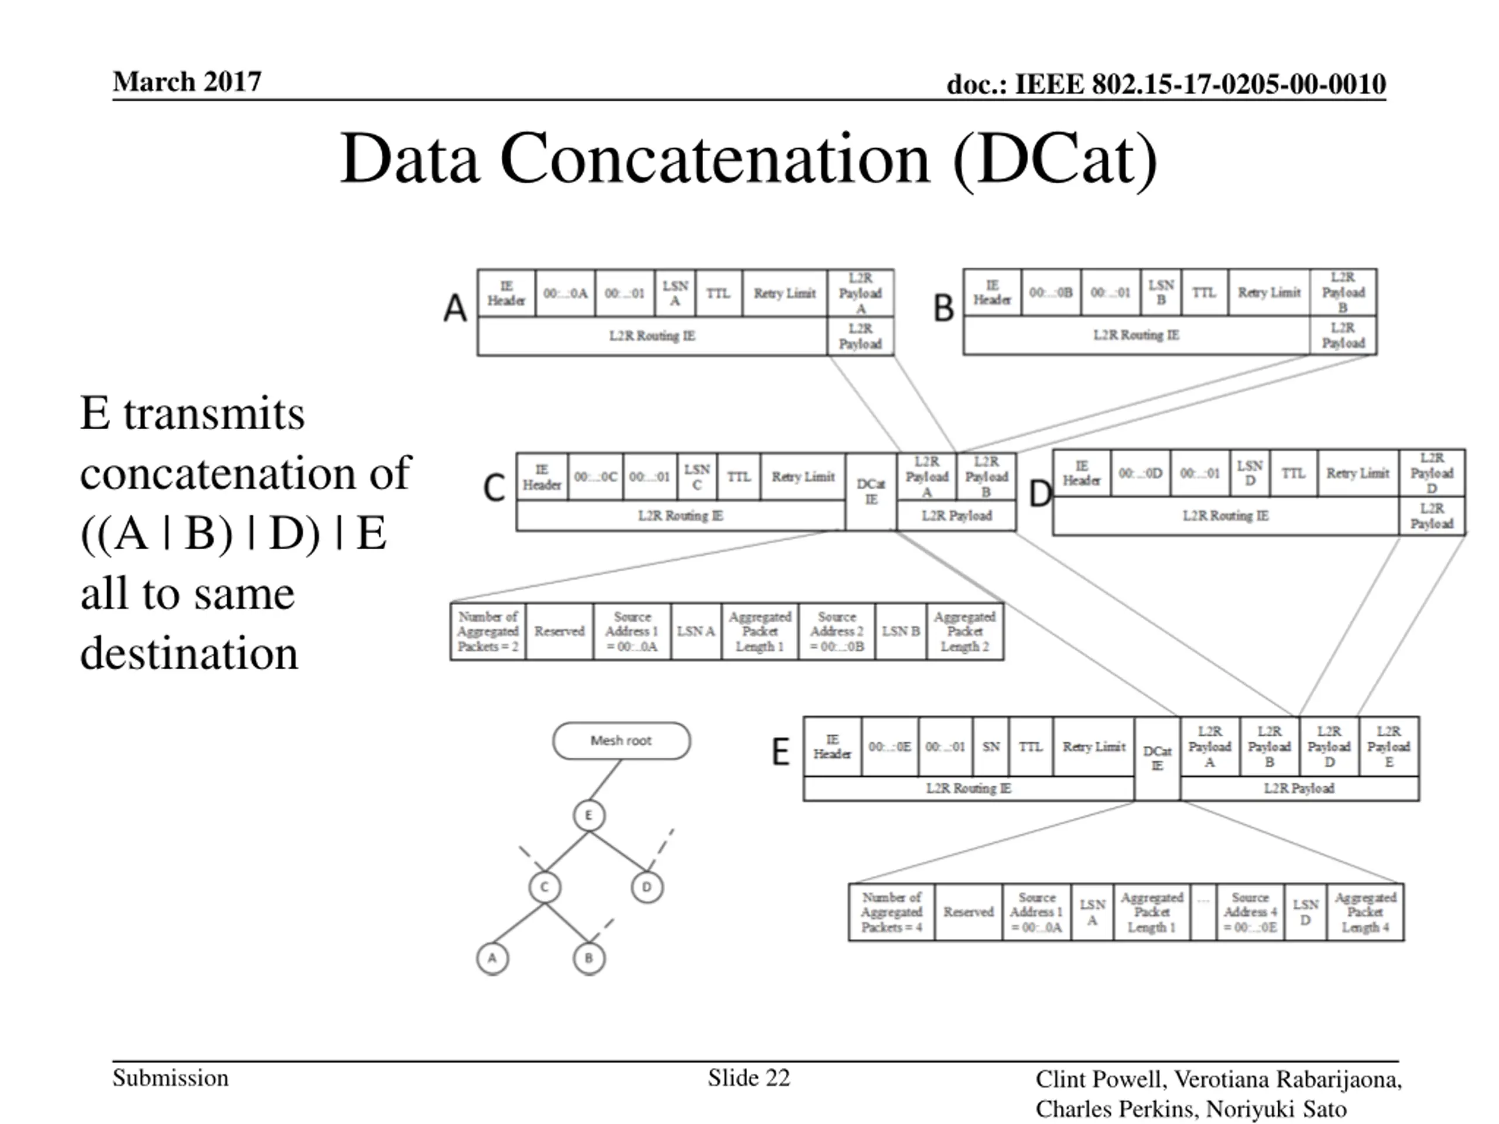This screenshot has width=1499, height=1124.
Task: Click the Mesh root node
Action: coord(621,741)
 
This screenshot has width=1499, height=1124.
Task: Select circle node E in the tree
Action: coord(588,815)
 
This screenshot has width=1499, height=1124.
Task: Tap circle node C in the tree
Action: coord(544,887)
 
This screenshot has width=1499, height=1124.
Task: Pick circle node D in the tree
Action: coord(646,887)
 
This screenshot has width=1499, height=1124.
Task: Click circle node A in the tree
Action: coord(492,958)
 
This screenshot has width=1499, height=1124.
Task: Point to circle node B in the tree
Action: coord(588,958)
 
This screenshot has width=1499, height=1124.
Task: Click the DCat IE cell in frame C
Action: coord(871,492)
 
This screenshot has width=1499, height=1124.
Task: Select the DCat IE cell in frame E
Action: coord(1157,759)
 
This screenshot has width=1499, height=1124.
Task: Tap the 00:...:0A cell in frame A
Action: coord(565,293)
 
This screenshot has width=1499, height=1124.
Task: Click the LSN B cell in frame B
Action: coord(1161,293)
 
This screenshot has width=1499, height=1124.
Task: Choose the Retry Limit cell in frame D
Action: coord(1357,474)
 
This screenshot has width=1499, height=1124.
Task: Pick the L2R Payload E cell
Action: coord(1388,746)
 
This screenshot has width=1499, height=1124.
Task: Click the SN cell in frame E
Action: coord(991,746)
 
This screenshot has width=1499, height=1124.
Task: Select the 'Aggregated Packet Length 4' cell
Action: coord(1365,912)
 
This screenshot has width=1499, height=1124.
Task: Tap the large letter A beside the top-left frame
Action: coord(456,309)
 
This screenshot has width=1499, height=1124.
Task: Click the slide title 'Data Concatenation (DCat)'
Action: coord(748,159)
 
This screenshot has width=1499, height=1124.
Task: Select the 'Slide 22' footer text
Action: coord(749,1078)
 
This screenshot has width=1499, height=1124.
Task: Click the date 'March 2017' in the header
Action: coord(187,82)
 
